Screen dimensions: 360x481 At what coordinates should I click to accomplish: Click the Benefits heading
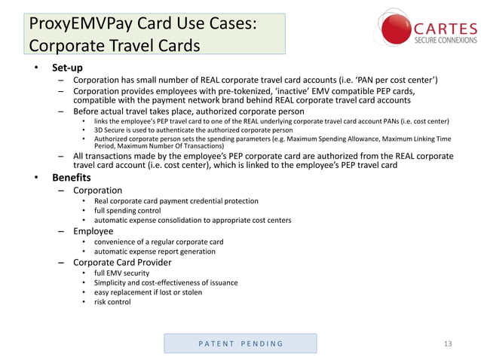pos(71,178)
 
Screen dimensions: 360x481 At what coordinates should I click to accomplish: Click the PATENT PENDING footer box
pos(240,343)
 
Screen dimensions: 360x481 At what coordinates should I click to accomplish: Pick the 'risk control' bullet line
pos(112,302)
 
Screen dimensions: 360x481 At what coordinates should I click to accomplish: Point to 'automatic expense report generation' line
pos(155,252)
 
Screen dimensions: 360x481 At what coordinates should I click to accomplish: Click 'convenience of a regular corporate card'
pos(158,242)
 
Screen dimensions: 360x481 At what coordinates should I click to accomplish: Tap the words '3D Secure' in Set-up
pos(110,130)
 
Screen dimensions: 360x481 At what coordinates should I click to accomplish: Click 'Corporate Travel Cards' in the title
pos(115,45)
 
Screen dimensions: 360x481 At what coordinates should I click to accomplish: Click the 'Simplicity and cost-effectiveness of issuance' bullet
pos(166,282)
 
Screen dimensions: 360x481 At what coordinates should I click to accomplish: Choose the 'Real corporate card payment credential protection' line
pos(176,201)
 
